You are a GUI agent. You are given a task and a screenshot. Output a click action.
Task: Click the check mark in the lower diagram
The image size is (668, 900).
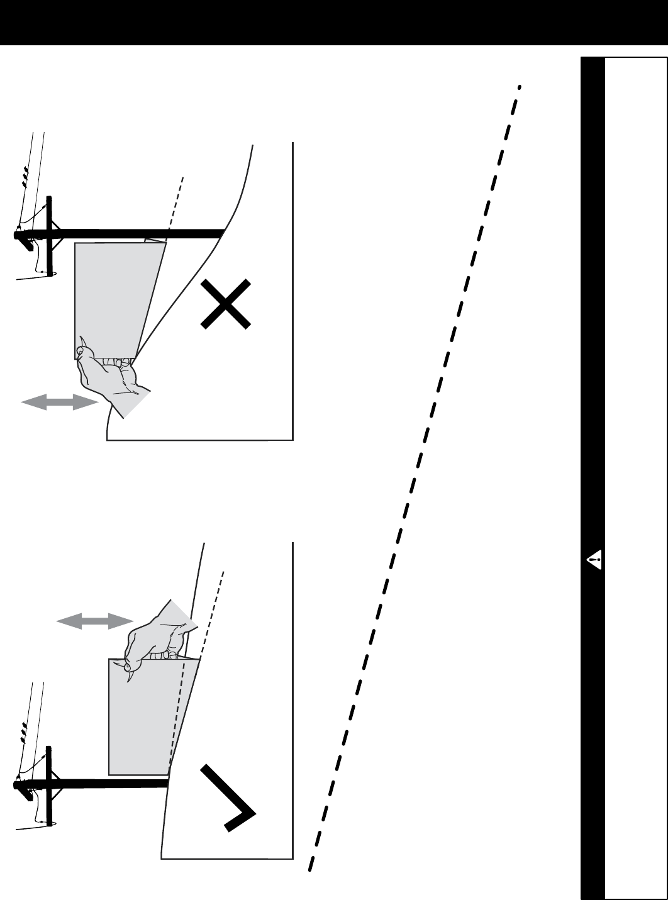point(228,797)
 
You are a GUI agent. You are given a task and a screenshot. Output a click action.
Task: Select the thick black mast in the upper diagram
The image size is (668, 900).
point(138,234)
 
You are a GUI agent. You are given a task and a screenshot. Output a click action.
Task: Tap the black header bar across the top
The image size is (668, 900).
point(333,22)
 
